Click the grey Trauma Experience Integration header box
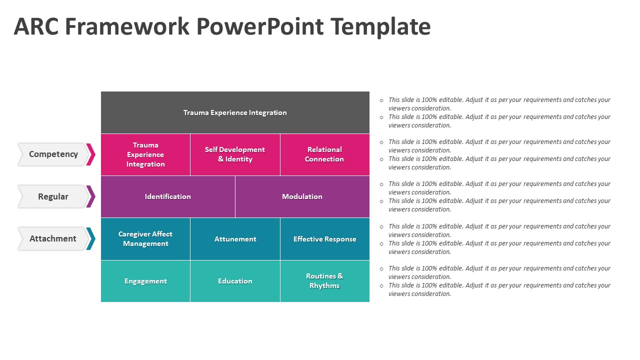pos(235,112)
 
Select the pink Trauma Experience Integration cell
pos(145,154)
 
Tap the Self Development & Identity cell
pos(235,154)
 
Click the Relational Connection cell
pos(324,154)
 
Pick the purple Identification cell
pos(168,196)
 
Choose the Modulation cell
pos(302,196)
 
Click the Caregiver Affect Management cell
pos(145,239)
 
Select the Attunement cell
pos(235,239)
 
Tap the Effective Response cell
pos(324,239)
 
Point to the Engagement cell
pos(145,281)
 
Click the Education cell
pos(235,281)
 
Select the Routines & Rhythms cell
pos(324,281)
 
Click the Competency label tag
pos(53,154)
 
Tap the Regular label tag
pos(53,196)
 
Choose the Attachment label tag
pos(53,238)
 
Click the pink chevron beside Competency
pos(91,154)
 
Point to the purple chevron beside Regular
pos(91,196)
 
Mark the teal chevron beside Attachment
pos(91,238)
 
